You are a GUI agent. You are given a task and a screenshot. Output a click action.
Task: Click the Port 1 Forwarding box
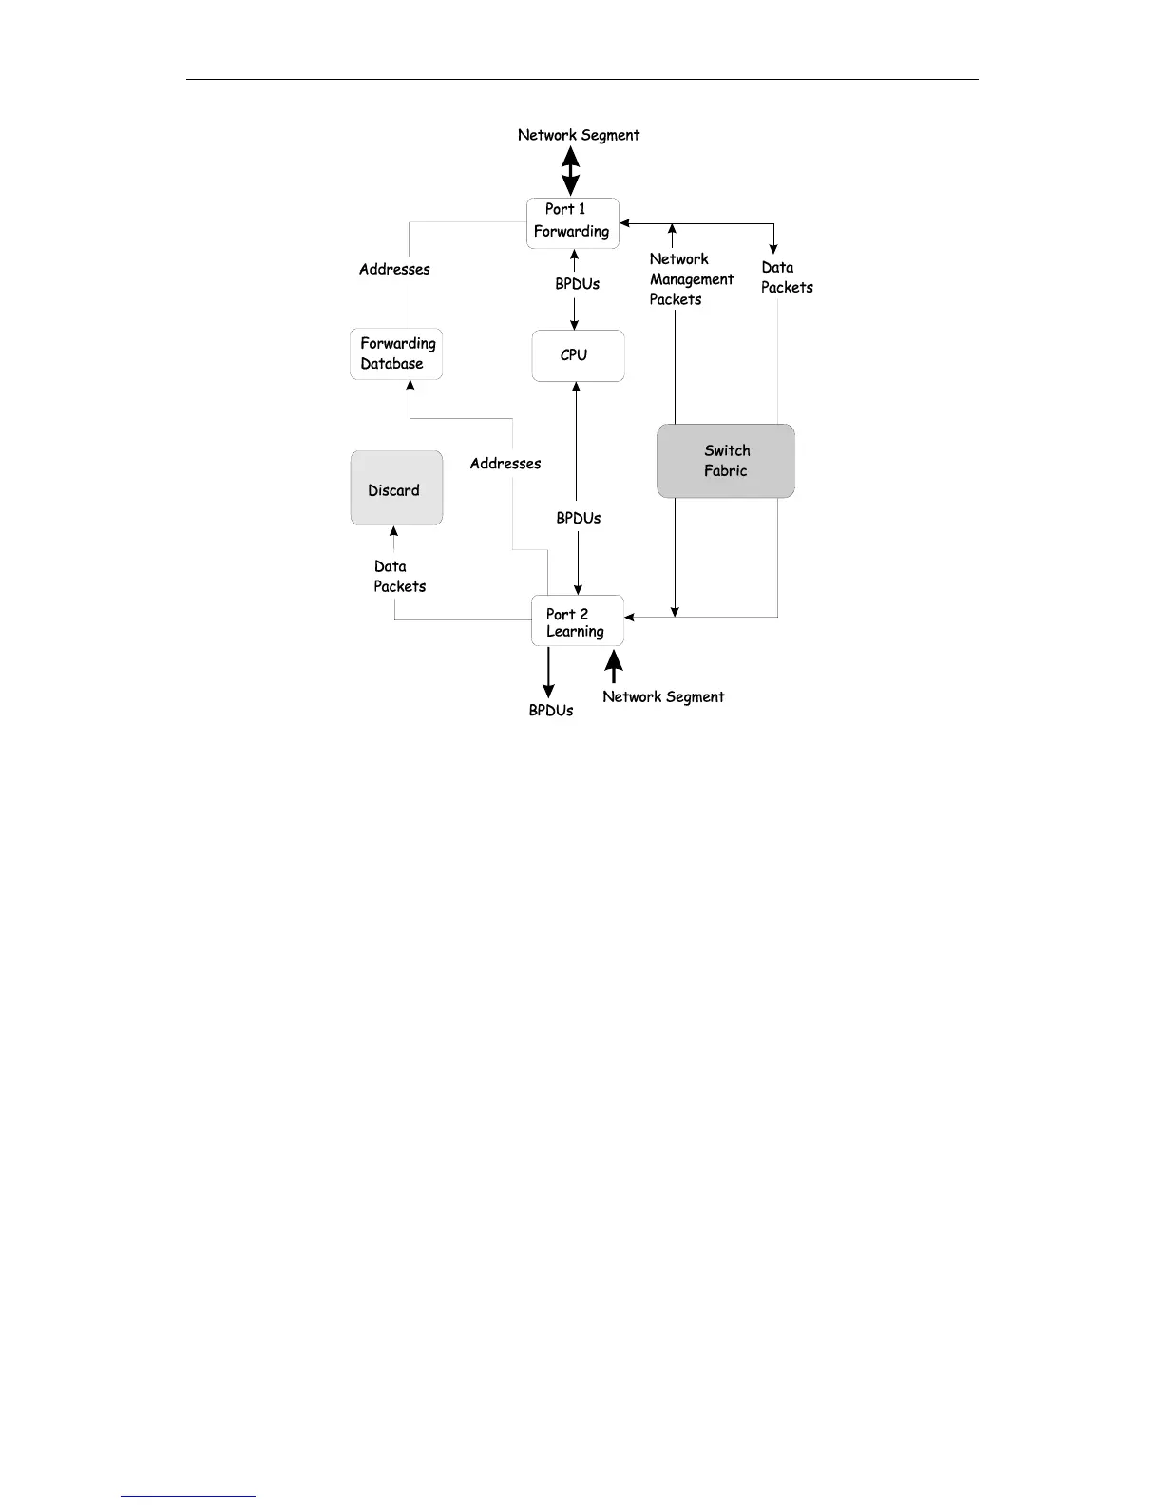point(573,223)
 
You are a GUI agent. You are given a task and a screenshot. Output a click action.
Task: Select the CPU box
point(578,355)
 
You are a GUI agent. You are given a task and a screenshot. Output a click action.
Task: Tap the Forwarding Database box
point(396,353)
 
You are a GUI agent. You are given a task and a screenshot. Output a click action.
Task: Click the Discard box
point(396,488)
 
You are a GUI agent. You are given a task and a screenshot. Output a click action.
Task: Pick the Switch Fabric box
point(726,461)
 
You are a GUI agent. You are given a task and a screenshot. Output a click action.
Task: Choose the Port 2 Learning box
point(577,621)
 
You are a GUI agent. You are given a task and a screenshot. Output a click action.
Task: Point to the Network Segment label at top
point(578,135)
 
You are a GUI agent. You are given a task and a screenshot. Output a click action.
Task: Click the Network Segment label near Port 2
point(663,696)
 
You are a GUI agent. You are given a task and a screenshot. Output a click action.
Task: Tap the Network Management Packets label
point(691,279)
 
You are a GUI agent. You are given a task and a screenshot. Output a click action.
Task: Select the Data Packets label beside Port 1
point(787,277)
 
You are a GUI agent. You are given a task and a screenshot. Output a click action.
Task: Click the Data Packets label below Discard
point(399,577)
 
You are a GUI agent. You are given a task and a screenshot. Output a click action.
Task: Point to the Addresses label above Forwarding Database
point(394,270)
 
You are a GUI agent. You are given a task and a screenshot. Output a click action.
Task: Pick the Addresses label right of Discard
point(505,464)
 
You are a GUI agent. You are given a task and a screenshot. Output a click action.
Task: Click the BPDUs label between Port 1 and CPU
point(578,284)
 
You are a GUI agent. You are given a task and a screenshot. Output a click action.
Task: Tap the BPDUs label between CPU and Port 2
point(579,518)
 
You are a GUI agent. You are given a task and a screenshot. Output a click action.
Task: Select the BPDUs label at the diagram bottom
point(551,711)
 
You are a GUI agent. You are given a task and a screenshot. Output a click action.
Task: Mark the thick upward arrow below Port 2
point(614,664)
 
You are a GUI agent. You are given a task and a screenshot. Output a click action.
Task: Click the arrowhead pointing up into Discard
point(394,531)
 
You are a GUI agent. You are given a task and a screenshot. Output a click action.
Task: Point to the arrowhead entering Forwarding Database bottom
point(410,386)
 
